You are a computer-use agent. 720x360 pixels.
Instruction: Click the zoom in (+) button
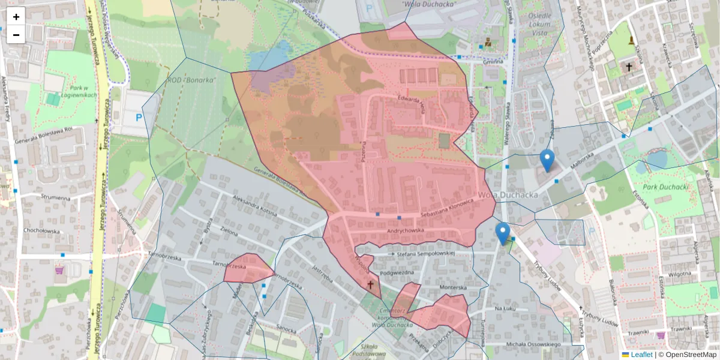pos(16,17)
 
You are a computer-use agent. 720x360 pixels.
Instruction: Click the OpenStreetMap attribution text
pos(691,355)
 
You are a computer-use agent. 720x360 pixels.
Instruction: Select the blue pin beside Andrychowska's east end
pos(503,233)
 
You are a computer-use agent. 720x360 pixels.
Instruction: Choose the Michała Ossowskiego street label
pos(533,344)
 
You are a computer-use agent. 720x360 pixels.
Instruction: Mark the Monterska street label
pos(453,287)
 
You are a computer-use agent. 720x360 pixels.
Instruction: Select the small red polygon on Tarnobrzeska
pos(248,269)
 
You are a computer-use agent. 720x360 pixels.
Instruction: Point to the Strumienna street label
pos(55,196)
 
